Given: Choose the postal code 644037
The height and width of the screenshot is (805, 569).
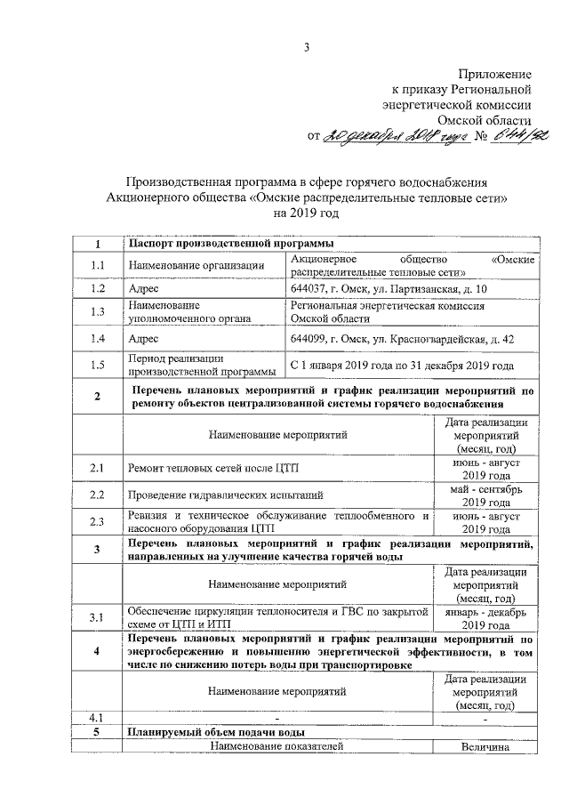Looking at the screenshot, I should (x=309, y=290).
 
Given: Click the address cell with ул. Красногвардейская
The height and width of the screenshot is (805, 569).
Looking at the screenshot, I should (x=400, y=339).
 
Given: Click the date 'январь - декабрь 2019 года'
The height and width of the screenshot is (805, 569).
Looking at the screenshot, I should (x=485, y=618).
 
